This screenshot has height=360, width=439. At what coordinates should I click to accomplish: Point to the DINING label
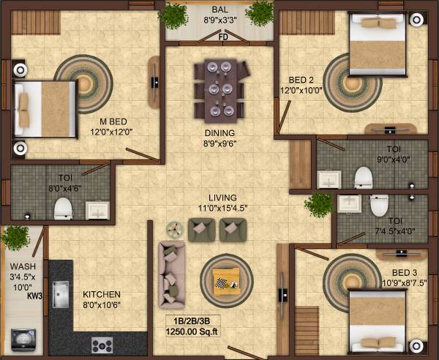(219, 132)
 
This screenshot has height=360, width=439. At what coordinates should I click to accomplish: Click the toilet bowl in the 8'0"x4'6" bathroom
(63, 208)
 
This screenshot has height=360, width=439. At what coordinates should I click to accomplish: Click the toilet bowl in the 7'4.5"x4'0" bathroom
(379, 206)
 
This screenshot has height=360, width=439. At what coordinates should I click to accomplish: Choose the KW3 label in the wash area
(34, 296)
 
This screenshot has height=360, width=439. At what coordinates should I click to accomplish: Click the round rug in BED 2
(348, 78)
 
